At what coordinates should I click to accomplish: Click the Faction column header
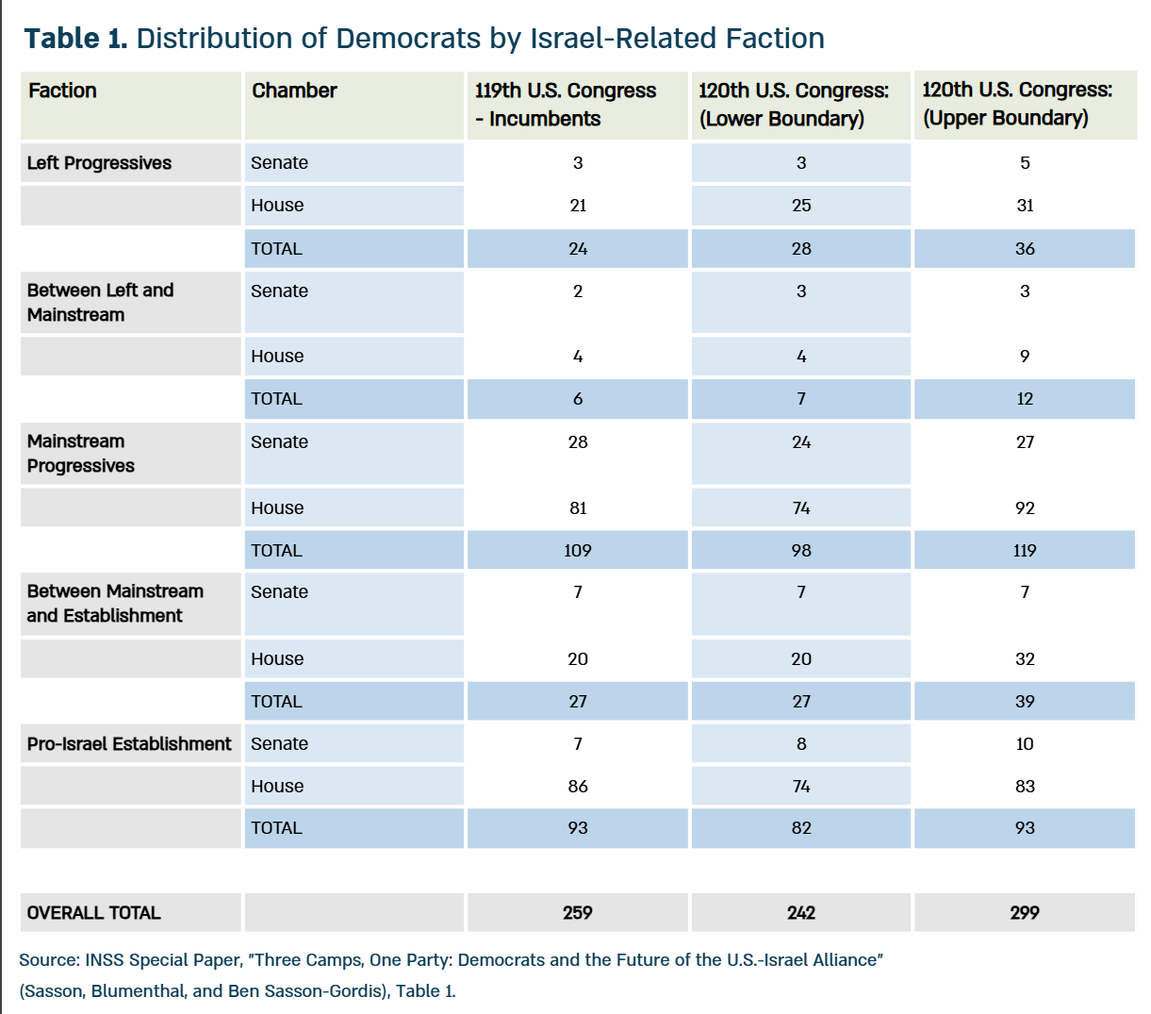coord(62,91)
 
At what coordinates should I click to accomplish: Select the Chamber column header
coord(294,91)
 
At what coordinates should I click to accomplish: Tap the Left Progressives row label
coord(99,163)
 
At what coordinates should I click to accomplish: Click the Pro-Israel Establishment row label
coord(129,743)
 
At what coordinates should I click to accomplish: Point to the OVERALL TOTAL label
coord(93,912)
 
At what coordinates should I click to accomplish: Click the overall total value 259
coord(578,912)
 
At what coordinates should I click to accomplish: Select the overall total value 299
coord(1025,912)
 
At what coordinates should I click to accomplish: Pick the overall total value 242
coord(801,912)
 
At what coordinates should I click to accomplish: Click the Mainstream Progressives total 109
coord(578,550)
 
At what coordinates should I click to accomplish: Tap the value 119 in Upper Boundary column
coord(1025,550)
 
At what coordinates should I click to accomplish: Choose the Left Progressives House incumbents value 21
coord(578,206)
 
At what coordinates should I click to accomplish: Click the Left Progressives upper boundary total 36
coord(1025,248)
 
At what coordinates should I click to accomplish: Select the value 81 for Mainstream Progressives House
coord(578,507)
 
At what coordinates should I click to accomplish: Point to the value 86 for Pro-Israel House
coord(578,786)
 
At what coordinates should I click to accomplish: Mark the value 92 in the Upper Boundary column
coord(1025,507)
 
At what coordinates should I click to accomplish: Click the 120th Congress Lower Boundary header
coord(794,105)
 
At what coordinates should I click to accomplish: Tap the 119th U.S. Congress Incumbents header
coord(566,105)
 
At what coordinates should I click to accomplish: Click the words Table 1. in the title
coord(75,39)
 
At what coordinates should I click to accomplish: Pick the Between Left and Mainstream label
coord(101,303)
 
